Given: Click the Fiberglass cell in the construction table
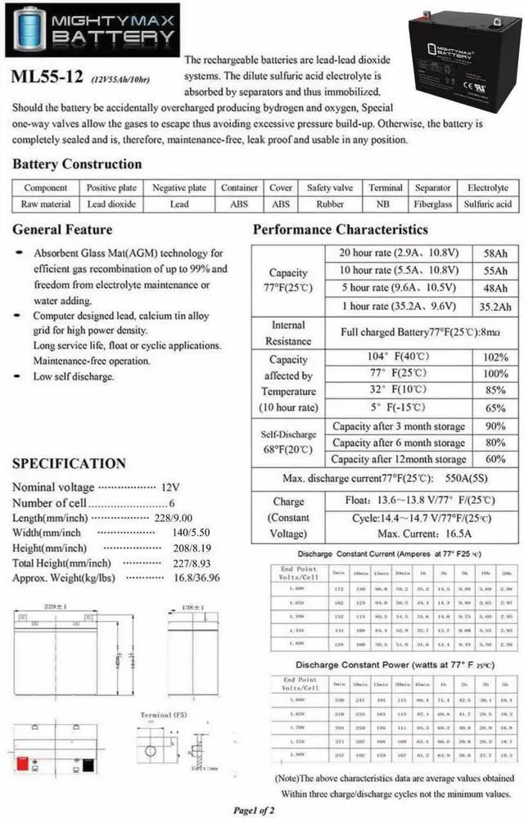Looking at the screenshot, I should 432,204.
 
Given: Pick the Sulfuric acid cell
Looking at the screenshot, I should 487,204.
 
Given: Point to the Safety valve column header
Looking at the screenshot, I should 330,187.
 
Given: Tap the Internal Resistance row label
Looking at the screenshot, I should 288,333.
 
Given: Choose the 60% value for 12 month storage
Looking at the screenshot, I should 495,459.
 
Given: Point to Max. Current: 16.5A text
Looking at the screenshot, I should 400,533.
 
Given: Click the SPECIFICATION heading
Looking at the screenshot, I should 69,463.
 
